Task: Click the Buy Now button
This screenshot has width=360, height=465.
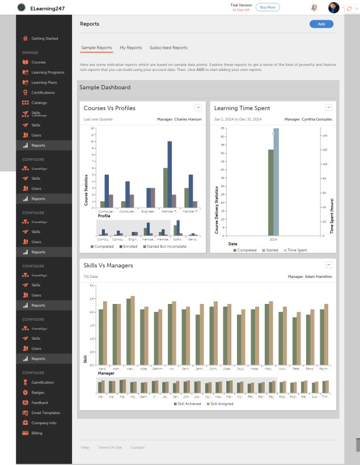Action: [268, 7]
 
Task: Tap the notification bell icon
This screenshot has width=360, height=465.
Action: [314, 7]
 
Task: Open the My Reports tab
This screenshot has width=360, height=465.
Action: [131, 48]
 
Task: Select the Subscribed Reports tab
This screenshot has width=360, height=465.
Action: [168, 48]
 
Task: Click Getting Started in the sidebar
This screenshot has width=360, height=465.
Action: [44, 39]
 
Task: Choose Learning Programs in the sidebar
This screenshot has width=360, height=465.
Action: [48, 73]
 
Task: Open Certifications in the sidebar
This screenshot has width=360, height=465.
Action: [43, 92]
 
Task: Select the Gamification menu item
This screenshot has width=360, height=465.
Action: [43, 382]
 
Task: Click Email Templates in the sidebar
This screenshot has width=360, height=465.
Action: [45, 413]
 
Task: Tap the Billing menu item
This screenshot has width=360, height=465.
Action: [37, 433]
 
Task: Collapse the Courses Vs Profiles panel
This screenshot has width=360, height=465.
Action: [198, 107]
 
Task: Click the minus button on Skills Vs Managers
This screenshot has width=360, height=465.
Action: [328, 264]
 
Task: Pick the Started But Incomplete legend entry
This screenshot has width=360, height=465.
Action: [166, 247]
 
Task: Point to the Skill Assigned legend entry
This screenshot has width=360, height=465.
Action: [221, 404]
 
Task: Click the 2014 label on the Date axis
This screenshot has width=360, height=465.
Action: [273, 240]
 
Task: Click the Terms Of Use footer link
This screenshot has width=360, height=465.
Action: [110, 447]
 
